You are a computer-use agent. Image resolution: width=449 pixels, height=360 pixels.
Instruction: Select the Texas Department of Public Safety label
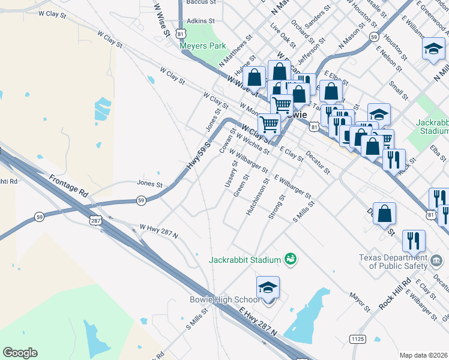393,261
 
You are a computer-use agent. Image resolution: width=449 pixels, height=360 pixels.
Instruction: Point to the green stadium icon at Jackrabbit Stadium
291,259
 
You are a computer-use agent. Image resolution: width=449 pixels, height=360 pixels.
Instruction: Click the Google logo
20,353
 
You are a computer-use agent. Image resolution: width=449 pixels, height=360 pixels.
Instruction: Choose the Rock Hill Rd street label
394,293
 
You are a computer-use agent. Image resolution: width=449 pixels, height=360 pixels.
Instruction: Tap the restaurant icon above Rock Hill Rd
413,240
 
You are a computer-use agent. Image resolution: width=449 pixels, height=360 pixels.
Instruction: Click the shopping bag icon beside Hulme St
254,77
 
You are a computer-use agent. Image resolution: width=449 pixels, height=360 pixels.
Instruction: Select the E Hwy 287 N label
258,322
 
